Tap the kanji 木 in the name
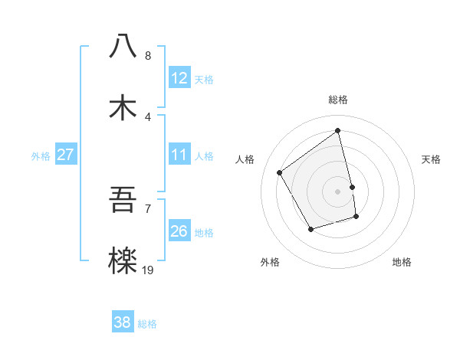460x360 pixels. click(123, 107)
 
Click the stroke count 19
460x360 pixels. click(148, 270)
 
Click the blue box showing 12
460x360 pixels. click(179, 78)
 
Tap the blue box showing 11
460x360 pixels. click(179, 155)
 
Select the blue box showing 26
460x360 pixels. click(179, 231)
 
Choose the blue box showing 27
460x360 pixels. click(66, 155)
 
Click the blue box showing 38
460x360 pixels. click(123, 322)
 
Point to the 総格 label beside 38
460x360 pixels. click(147, 324)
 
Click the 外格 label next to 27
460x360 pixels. click(41, 156)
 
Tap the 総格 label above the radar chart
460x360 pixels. click(338, 100)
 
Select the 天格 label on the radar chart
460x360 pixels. click(431, 159)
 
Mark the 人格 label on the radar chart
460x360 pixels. click(245, 159)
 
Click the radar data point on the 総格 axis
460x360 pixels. click(338, 131)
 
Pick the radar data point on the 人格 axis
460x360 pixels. click(280, 172)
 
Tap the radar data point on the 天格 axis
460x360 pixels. click(352, 187)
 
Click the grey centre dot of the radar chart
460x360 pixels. click(338, 191)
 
